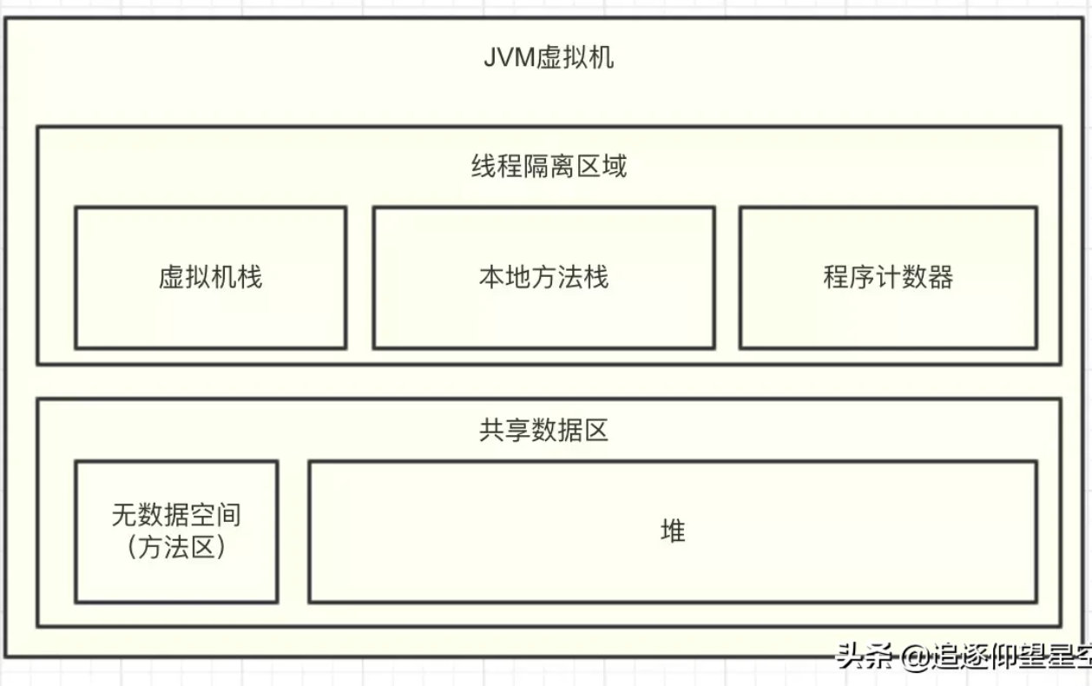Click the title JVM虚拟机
point(548,58)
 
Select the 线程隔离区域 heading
point(548,166)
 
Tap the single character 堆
point(673,531)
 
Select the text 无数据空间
point(176,516)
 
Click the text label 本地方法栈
point(543,277)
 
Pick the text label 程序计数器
point(888,277)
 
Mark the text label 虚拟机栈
point(210,277)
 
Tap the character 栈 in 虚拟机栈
point(250,277)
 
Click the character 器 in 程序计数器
point(941,277)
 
